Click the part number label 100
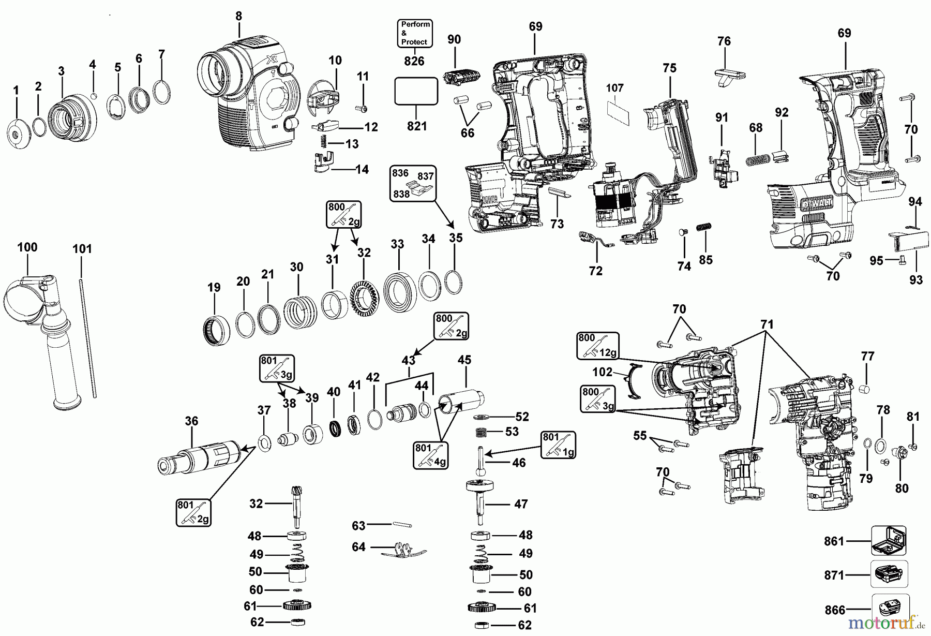[x=27, y=247]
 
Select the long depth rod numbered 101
[x=88, y=336]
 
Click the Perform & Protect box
[x=415, y=33]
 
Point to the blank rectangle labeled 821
[x=416, y=92]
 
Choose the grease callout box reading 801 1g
[x=558, y=445]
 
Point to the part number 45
[x=464, y=360]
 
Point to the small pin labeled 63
[x=401, y=525]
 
